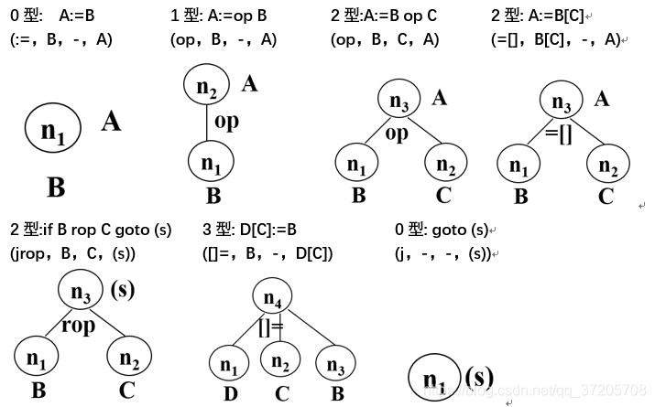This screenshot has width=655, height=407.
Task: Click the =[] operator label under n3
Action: [559, 133]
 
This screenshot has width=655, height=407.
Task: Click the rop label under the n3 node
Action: [79, 326]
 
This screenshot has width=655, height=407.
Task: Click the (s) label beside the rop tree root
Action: [123, 291]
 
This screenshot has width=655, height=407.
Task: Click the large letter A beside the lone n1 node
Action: [111, 121]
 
